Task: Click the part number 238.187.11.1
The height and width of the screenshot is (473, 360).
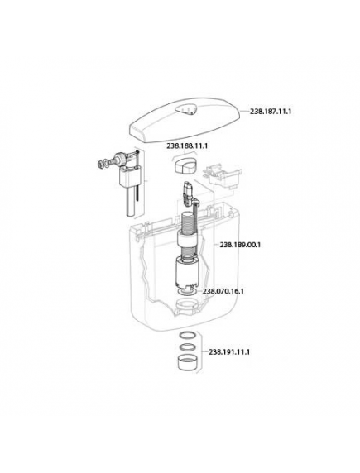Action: coord(271,112)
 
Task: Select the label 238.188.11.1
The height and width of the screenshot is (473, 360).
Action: coord(187,146)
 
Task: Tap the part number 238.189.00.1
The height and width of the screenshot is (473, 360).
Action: coord(240,245)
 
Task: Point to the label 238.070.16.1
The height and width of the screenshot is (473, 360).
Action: coord(223,291)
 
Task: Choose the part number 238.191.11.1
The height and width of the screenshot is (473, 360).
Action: coord(229,352)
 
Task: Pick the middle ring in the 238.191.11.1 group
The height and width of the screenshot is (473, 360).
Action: coord(186,347)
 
